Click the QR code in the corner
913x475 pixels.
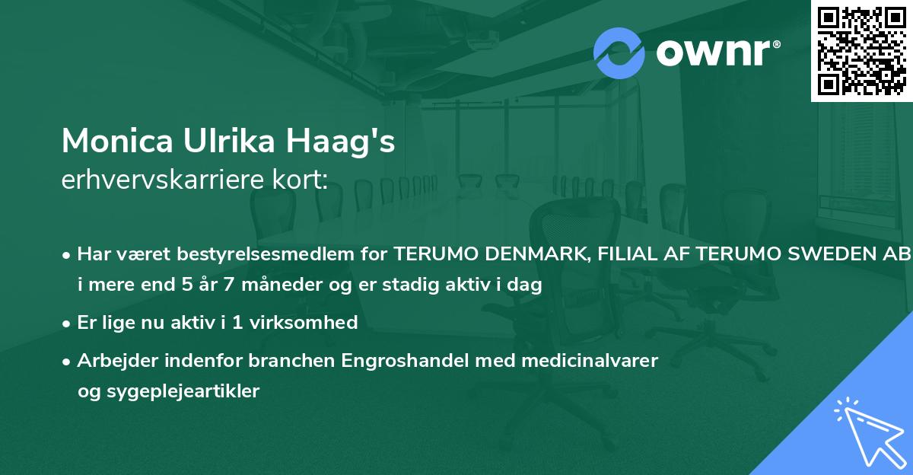[x=861, y=50]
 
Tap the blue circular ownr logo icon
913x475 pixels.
[x=619, y=53]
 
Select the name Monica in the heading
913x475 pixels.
[x=108, y=141]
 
